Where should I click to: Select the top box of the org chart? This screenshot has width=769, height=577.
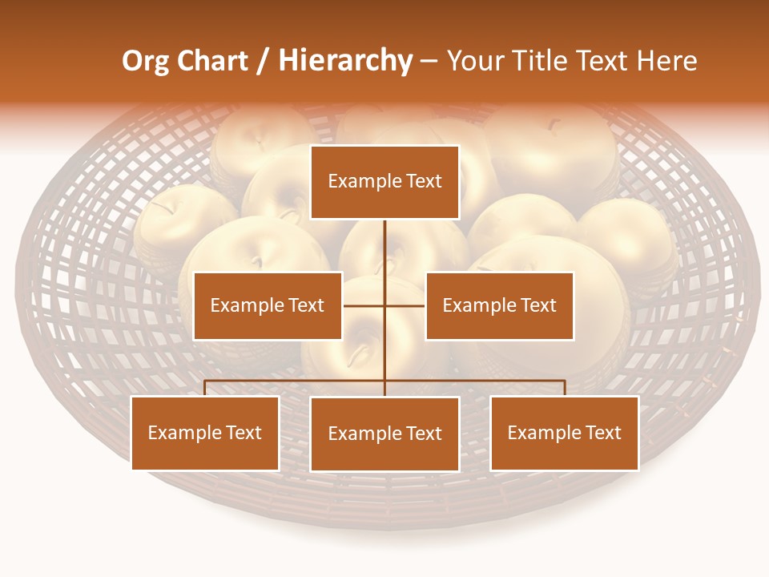[x=384, y=182]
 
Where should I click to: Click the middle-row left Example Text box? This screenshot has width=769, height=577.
[x=268, y=305]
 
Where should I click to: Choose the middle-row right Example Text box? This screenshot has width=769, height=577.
[x=499, y=305]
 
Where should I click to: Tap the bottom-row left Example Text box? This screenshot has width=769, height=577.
[x=205, y=433]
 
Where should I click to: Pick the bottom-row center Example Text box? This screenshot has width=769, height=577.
[x=384, y=434]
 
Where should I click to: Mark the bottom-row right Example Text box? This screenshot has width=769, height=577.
[x=564, y=433]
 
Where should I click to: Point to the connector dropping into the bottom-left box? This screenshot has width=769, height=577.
[x=205, y=388]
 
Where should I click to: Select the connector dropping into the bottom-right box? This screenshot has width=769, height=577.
[x=564, y=388]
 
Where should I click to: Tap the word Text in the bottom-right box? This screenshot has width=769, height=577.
[x=602, y=433]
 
